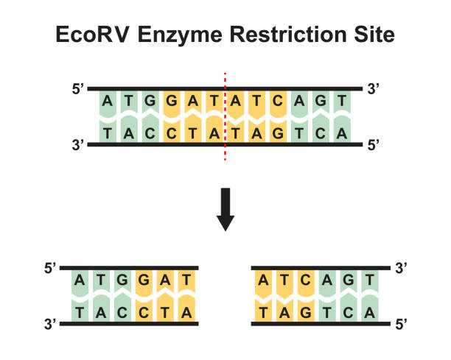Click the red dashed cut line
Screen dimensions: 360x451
point(225,118)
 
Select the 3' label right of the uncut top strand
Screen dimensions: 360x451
point(373,89)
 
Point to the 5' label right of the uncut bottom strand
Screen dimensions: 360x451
point(373,144)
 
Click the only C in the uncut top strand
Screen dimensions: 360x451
point(278,102)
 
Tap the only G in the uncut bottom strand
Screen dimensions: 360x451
point(278,133)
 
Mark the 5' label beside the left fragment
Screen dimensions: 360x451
point(52,268)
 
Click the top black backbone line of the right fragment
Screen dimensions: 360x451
point(317,267)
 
